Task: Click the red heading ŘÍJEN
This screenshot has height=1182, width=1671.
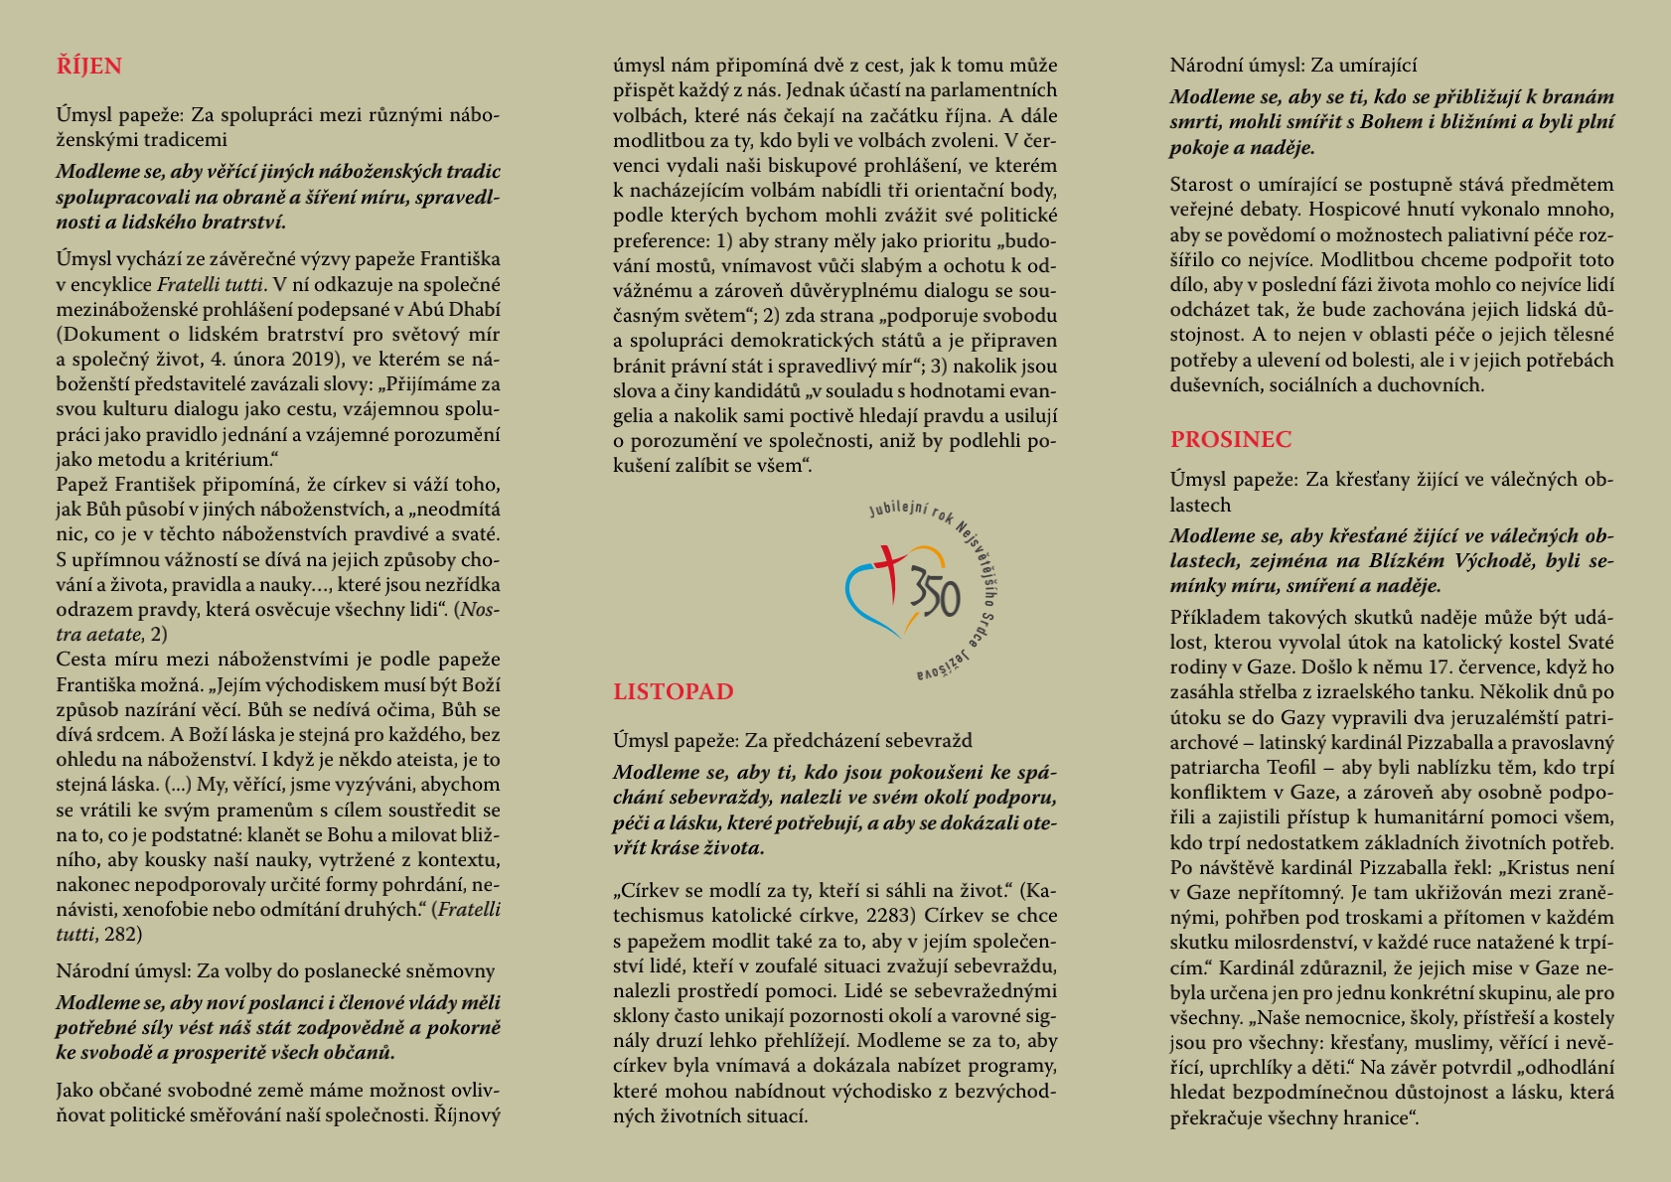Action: tap(88, 67)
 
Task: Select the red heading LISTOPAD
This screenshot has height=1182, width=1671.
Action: tap(673, 692)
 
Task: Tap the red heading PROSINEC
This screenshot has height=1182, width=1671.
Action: tap(1230, 439)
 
